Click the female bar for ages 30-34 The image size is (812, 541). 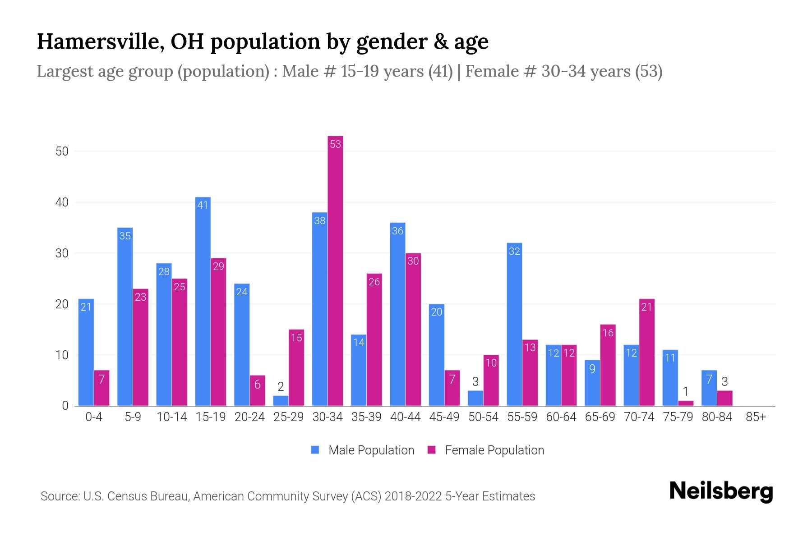point(335,270)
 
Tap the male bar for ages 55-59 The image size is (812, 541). point(514,325)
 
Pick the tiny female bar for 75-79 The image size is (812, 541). point(686,403)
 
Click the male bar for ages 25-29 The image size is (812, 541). point(281,401)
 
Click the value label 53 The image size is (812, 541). point(335,144)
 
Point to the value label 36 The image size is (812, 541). point(397,231)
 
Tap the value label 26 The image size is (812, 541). point(374,282)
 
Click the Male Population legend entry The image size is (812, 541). point(363,450)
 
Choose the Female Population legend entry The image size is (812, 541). point(486,450)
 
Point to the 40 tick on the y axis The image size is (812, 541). point(62,202)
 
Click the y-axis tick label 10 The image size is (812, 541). point(62,355)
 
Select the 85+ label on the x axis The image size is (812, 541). point(756,417)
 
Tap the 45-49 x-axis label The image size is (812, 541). point(444,417)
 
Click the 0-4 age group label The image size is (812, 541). point(94,417)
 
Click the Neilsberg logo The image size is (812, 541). point(721,491)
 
